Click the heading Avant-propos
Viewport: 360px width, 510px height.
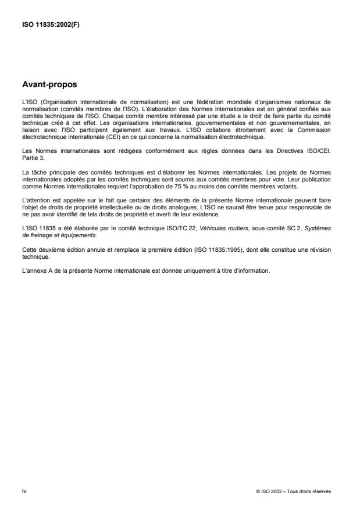tap(49, 84)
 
